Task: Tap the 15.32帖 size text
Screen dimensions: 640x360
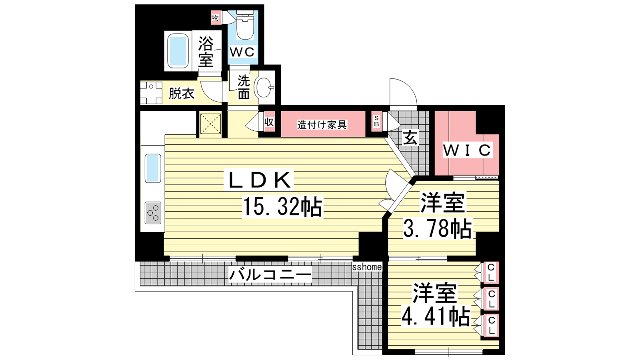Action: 282,206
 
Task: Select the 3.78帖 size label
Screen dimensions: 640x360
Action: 437,228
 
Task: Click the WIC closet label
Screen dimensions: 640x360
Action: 467,150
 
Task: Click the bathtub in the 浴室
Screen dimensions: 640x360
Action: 178,51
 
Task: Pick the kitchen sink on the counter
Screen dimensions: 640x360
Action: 153,168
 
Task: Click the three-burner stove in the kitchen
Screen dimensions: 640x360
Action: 153,213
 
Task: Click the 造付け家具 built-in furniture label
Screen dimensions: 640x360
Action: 322,125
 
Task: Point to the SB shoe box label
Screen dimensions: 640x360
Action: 376,121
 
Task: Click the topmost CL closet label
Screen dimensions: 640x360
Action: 491,272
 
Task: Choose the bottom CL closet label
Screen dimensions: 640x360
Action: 491,326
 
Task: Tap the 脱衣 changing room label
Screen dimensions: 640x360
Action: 182,93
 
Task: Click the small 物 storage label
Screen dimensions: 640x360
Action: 216,18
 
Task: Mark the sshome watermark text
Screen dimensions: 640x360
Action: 367,267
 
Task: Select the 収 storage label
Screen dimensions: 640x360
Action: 269,122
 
